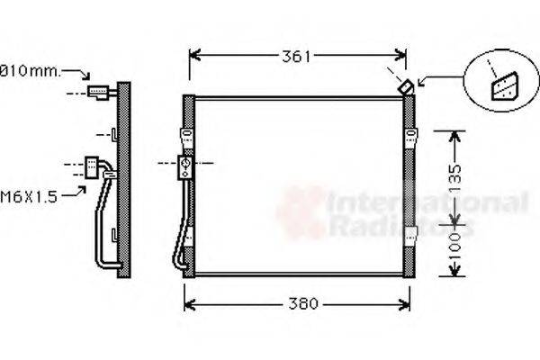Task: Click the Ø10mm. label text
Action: click(29, 69)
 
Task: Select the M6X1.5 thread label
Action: click(29, 196)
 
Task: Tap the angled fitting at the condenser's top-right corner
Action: click(407, 87)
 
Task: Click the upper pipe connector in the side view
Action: click(97, 91)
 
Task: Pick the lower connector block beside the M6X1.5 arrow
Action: click(93, 166)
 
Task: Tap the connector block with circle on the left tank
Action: click(187, 166)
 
